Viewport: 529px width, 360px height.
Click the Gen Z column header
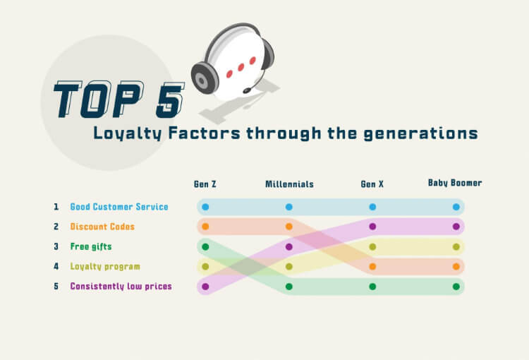(x=205, y=184)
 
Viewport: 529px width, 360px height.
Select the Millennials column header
(x=289, y=184)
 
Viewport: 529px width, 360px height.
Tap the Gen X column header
(x=372, y=184)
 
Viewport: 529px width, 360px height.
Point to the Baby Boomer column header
(x=455, y=183)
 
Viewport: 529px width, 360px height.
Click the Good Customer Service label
(x=119, y=207)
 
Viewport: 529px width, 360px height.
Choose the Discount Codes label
(x=102, y=227)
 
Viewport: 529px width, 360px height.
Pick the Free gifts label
(x=91, y=246)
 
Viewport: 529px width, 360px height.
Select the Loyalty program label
(x=105, y=266)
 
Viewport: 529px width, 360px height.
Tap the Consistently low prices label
(x=121, y=287)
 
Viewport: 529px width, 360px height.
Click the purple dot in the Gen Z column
(x=205, y=287)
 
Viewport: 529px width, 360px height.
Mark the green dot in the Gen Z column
(x=205, y=247)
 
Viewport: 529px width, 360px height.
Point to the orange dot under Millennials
(x=288, y=227)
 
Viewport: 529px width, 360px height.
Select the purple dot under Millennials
(x=288, y=247)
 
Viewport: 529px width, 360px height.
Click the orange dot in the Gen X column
(x=372, y=266)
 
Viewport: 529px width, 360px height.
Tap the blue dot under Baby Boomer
(x=456, y=207)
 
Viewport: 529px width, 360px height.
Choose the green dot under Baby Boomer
(x=456, y=287)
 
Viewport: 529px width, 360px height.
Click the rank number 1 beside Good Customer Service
(x=56, y=207)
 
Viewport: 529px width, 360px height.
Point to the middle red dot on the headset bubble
(x=241, y=67)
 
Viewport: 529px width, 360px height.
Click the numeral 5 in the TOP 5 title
(x=170, y=100)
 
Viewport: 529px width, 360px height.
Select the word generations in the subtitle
(x=420, y=133)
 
